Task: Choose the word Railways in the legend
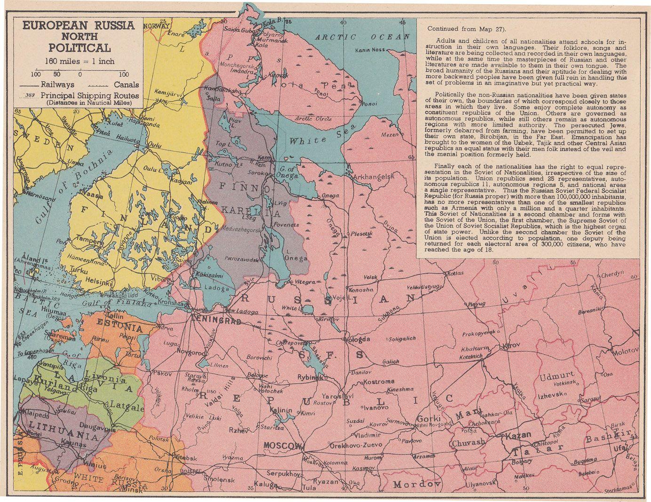(57, 85)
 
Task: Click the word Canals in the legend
(126, 85)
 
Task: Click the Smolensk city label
(219, 480)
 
